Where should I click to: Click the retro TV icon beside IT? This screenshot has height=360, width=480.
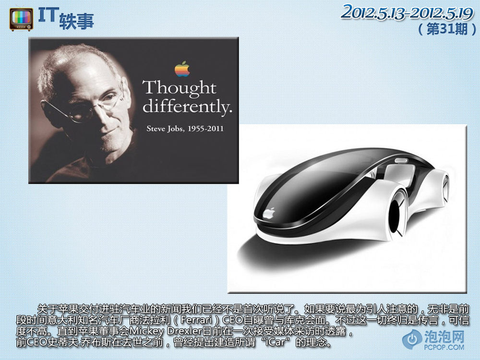(x=21, y=20)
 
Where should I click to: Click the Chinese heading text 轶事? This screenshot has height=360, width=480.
(x=76, y=22)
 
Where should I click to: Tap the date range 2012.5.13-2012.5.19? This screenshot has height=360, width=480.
(x=407, y=13)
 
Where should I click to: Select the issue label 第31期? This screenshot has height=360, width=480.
(x=447, y=29)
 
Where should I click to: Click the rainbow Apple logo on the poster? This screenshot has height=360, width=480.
(x=182, y=69)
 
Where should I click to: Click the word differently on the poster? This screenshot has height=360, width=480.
(x=187, y=107)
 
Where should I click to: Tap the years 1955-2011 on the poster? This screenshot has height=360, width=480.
(x=206, y=129)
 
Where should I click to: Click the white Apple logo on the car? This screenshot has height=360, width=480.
(x=269, y=213)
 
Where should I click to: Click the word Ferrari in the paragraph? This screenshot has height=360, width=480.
(x=196, y=320)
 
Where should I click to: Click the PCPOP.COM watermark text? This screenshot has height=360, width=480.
(x=444, y=347)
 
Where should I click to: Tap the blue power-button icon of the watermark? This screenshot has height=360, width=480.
(x=412, y=339)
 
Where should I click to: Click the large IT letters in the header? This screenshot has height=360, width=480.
(x=48, y=15)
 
